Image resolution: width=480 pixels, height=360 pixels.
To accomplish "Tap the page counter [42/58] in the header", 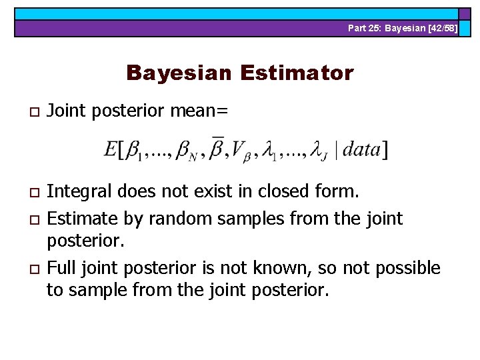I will [439, 28].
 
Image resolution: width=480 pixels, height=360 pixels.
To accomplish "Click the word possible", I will [408, 268].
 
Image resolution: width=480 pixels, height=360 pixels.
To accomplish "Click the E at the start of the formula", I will [111, 150].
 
